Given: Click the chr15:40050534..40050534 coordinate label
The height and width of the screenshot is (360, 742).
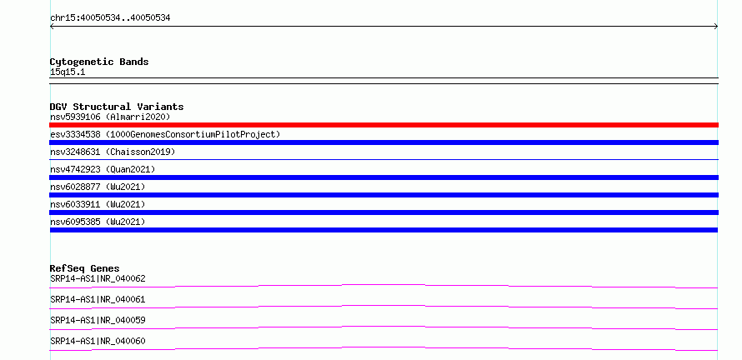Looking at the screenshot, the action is point(110,18).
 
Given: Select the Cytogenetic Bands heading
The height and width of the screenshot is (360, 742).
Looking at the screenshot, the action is point(99,62).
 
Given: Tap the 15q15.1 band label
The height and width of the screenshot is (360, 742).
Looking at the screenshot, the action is point(68,72).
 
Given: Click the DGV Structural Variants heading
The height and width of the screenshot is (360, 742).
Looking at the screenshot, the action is point(117,107).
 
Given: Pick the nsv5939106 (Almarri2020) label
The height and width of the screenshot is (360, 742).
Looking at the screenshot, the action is point(110,117).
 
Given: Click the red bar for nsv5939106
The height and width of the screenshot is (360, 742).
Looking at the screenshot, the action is point(384,125).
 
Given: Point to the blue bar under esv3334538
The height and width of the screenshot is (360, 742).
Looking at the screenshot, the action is point(384,142).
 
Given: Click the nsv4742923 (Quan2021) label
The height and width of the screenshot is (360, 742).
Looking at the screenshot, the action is point(103,169).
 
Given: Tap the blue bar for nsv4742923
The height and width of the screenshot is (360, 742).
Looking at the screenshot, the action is point(384,177).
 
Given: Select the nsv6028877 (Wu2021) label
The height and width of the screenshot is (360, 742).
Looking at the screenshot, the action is point(98,187).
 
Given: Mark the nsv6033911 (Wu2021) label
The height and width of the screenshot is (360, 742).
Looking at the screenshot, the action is point(98,204).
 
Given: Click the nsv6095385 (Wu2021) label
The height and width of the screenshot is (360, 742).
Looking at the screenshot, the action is point(98,222).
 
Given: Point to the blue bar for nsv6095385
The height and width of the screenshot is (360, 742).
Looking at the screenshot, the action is point(384,230).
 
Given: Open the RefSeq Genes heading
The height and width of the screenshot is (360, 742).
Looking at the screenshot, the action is point(85,268).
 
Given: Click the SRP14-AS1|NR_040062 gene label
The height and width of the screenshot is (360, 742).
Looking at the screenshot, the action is point(98,278).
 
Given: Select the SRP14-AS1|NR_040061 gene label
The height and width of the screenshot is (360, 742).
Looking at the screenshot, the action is point(98,299).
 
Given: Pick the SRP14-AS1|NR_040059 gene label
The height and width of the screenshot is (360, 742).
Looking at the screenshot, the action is point(98,320).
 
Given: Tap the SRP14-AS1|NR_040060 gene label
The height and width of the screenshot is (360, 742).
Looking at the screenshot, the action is point(98,341).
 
